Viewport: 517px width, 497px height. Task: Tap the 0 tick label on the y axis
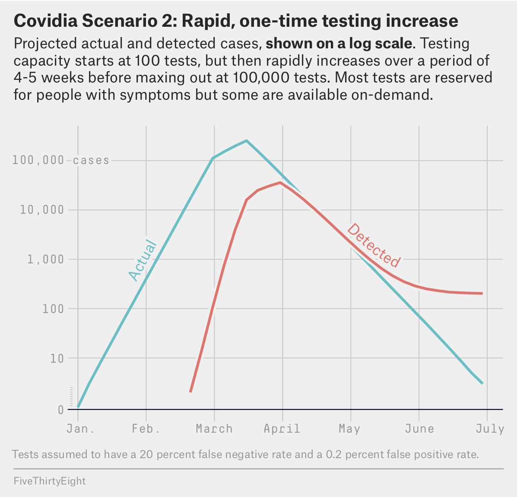pos(61,409)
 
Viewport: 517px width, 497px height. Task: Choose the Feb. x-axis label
pos(146,429)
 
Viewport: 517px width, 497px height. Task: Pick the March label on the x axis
pos(214,429)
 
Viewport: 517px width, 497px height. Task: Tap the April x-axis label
pos(282,429)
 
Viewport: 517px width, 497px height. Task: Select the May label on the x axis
pos(349,429)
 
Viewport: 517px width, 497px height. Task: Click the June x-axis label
pos(419,429)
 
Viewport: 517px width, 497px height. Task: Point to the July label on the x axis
pos(490,429)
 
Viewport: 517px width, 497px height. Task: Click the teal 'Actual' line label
pos(142,260)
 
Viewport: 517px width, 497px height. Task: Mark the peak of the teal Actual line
pos(246,140)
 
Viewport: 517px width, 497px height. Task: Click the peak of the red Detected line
pos(280,182)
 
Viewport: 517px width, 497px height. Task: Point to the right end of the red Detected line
pos(482,294)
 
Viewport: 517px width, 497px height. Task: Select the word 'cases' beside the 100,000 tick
pos(91,161)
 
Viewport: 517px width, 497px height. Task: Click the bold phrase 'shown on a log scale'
pos(339,44)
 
